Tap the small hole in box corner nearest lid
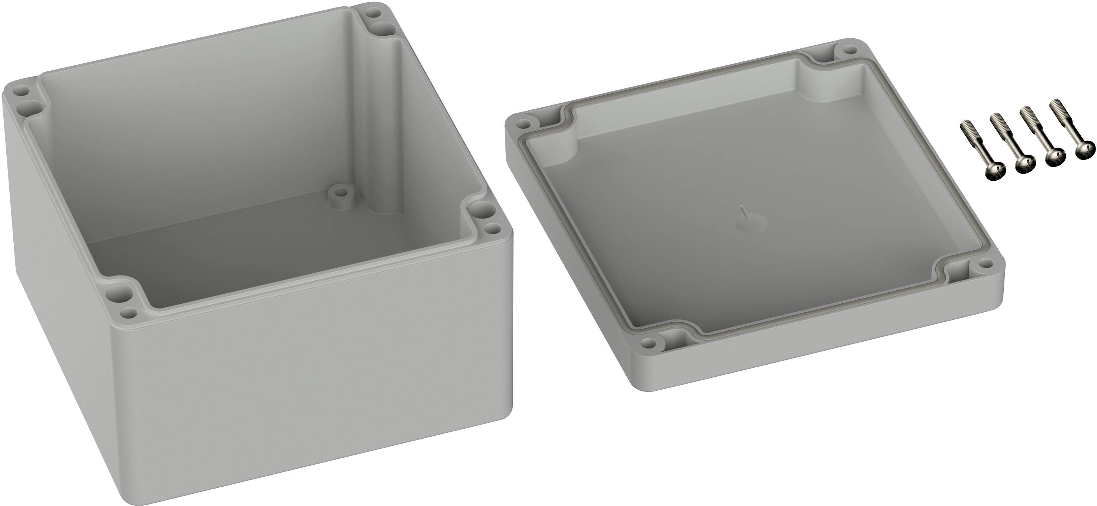494,229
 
